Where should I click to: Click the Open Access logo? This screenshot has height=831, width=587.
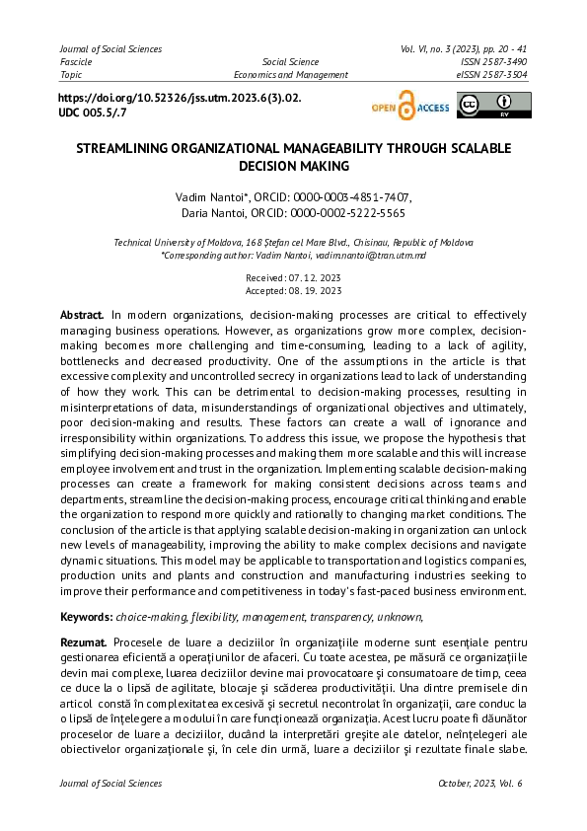(x=409, y=107)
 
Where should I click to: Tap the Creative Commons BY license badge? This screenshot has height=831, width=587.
(x=493, y=105)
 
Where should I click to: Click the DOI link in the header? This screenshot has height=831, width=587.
(x=180, y=99)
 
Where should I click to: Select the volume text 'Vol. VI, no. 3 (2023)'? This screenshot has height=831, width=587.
(x=447, y=48)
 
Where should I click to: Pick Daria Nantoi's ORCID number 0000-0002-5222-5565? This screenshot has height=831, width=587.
(x=346, y=212)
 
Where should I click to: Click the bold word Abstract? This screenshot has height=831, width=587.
(x=82, y=313)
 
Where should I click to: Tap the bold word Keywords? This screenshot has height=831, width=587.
(x=86, y=616)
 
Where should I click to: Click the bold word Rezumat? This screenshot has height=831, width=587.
(x=84, y=642)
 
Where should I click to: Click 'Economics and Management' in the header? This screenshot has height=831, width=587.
(x=290, y=74)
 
